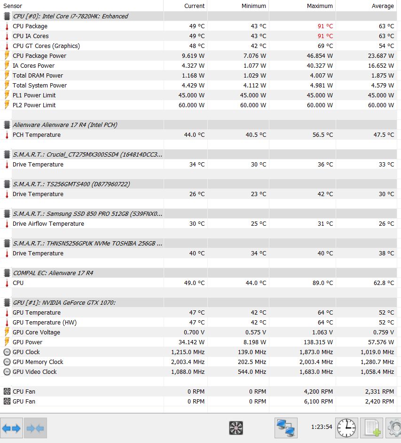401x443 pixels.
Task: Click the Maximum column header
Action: click(320, 6)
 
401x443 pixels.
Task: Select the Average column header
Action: click(383, 6)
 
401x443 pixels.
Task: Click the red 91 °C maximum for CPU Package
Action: click(325, 26)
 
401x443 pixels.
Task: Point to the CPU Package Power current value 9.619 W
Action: click(193, 56)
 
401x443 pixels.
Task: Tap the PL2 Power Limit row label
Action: click(34, 105)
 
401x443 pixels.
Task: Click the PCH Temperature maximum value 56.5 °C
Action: click(322, 135)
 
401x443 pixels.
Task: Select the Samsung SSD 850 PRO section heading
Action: click(87, 214)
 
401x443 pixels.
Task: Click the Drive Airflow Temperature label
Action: click(48, 224)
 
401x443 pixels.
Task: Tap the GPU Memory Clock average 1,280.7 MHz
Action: click(377, 362)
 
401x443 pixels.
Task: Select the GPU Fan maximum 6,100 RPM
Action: click(318, 402)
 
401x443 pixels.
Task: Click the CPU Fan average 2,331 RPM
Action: click(379, 392)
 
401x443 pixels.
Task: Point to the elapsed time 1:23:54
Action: click(322, 427)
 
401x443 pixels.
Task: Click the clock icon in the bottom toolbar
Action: click(346, 428)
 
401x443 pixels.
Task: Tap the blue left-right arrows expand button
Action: click(12, 428)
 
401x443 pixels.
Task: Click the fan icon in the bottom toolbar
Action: click(236, 428)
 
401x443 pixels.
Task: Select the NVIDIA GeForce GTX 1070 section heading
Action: click(64, 303)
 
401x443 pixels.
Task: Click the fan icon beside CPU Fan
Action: click(7, 392)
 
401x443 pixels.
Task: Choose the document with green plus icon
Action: click(372, 428)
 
